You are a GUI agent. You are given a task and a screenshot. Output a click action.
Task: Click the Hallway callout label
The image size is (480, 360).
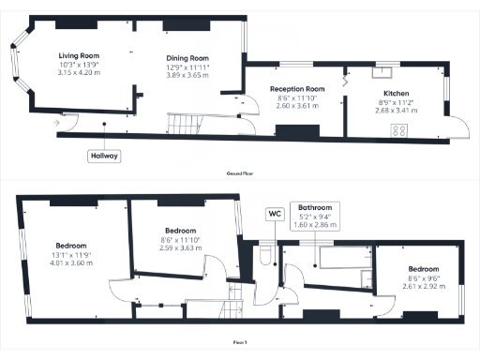click(105, 156)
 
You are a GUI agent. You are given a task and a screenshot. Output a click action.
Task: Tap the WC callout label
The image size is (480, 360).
click(275, 214)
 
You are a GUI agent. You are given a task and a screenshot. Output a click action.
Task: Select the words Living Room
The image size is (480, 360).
click(81, 55)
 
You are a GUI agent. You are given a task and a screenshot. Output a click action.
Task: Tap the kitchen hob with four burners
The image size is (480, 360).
click(399, 131)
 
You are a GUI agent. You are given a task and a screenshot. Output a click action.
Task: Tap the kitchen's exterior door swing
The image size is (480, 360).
click(457, 127)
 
